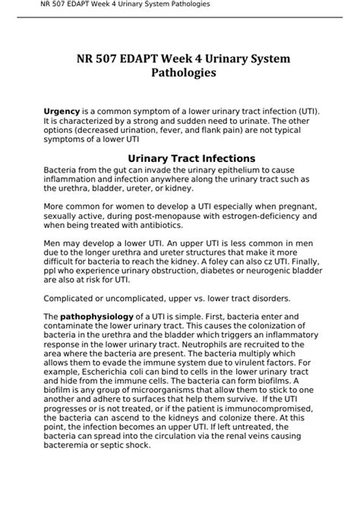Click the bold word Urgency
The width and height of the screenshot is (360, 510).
[61, 111]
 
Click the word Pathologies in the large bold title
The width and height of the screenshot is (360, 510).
[180, 74]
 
